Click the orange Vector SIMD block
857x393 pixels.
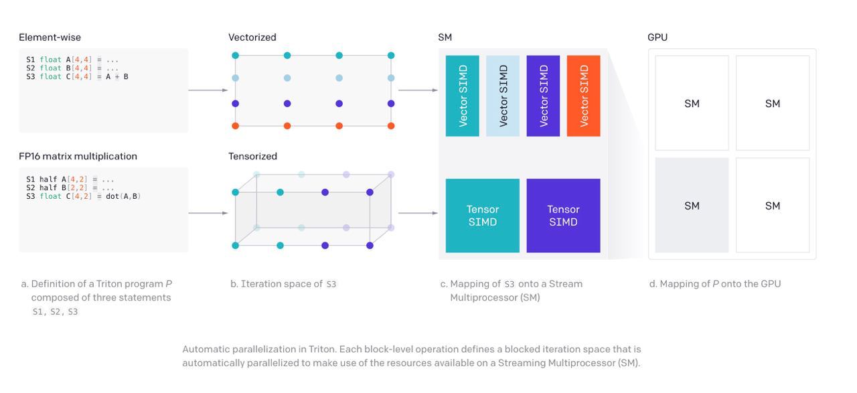point(583,96)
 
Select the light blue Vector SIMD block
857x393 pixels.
point(503,96)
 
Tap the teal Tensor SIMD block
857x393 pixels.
point(483,216)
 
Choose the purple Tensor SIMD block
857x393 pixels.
point(563,216)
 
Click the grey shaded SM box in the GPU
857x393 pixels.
point(692,205)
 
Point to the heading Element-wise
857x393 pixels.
point(50,37)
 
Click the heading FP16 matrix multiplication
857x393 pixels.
point(78,156)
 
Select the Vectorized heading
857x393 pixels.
point(252,37)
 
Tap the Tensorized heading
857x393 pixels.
point(252,156)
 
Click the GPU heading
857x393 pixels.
point(657,37)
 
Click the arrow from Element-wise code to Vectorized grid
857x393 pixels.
point(208,90)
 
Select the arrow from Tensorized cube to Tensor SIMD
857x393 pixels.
point(418,213)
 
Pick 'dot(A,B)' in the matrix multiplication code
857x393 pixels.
point(123,196)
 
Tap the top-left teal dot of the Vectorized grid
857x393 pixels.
point(235,56)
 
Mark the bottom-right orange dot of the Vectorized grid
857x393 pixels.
point(390,126)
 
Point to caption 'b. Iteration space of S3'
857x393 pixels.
point(283,284)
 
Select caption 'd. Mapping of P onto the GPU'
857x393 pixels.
point(715,284)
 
